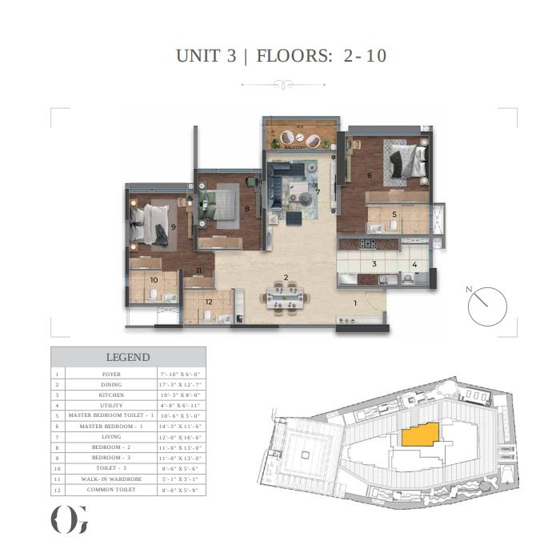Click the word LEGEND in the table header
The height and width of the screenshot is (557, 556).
click(x=128, y=357)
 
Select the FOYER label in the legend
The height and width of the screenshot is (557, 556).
click(x=111, y=374)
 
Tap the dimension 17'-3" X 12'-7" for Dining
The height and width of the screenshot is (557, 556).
click(x=181, y=384)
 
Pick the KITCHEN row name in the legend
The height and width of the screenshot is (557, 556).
click(x=111, y=395)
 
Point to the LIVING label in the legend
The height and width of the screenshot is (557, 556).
click(x=111, y=437)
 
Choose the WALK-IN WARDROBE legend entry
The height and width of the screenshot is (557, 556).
click(x=111, y=478)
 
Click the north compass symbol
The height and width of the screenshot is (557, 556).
click(x=487, y=307)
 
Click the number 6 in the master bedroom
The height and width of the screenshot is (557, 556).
click(x=370, y=174)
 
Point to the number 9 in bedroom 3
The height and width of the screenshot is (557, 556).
click(x=173, y=227)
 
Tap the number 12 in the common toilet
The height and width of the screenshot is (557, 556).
click(x=208, y=301)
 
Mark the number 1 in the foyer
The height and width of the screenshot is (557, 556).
click(x=356, y=303)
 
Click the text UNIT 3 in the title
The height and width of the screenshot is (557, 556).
click(x=206, y=56)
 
